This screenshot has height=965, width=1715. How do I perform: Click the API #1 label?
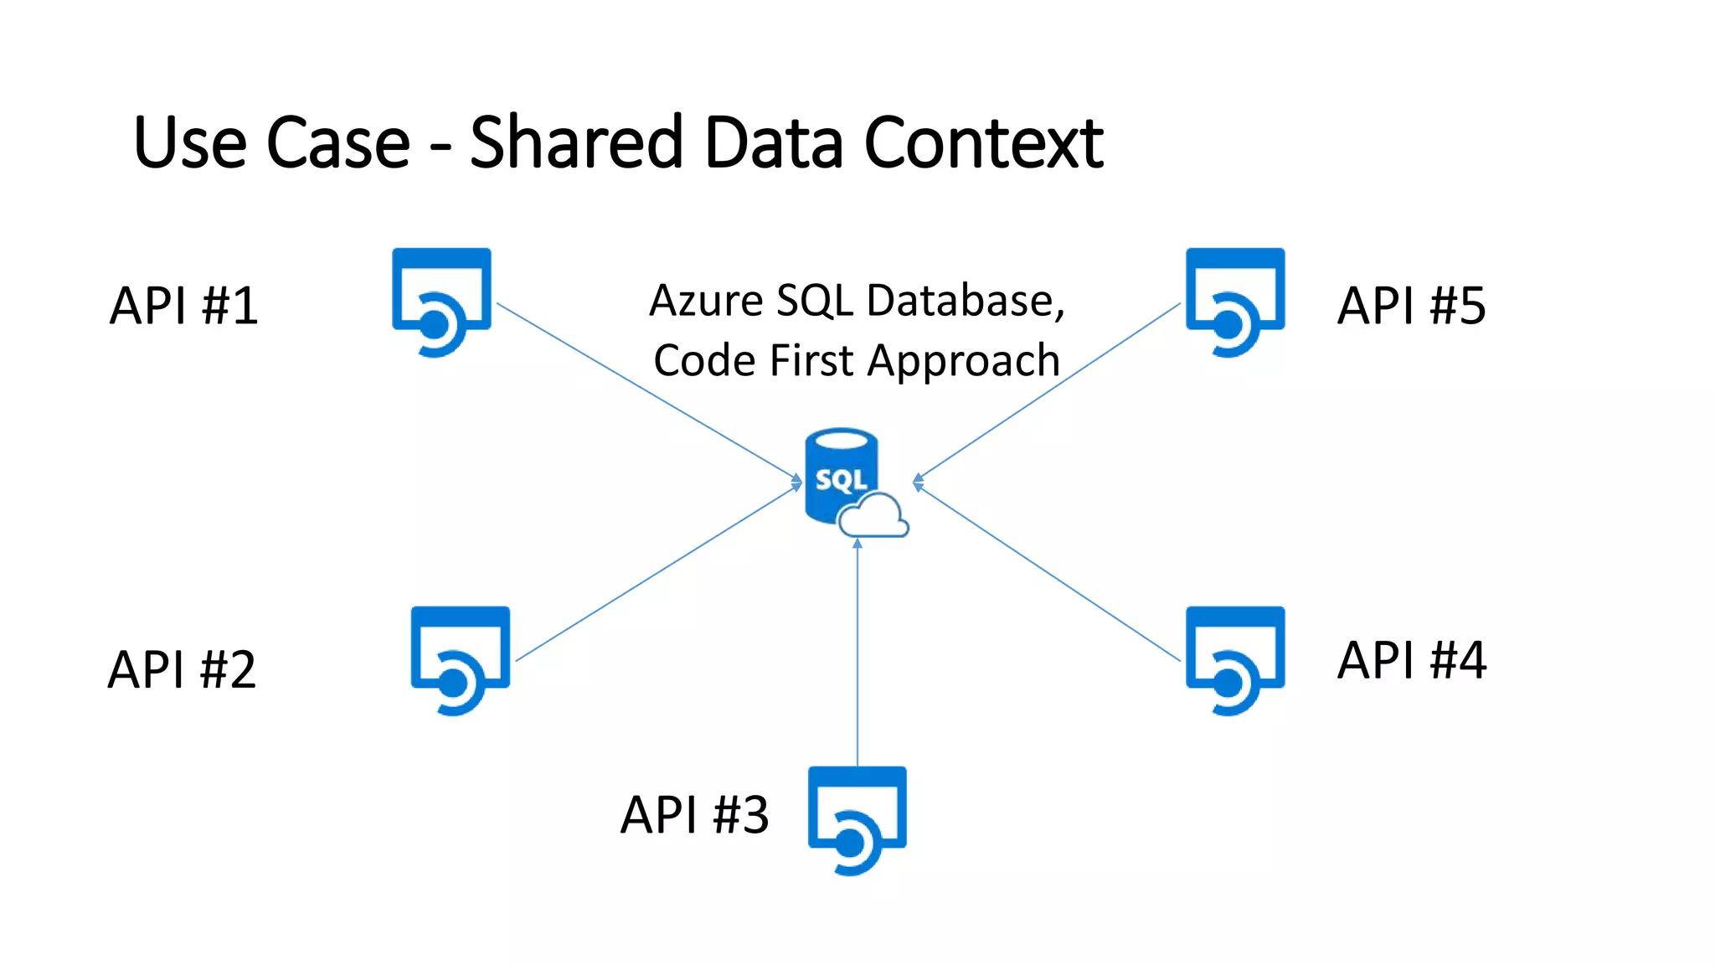183,306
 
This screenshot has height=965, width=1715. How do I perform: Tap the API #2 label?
182,670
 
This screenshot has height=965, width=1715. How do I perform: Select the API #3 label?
694,815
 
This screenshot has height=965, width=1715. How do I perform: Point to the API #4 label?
1412,660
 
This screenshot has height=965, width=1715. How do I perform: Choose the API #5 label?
1412,306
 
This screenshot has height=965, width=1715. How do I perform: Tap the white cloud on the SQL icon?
874,517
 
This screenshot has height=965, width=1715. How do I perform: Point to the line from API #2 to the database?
657,573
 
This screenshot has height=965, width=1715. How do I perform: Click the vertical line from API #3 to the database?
857,653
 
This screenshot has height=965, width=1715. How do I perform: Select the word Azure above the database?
705,301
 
